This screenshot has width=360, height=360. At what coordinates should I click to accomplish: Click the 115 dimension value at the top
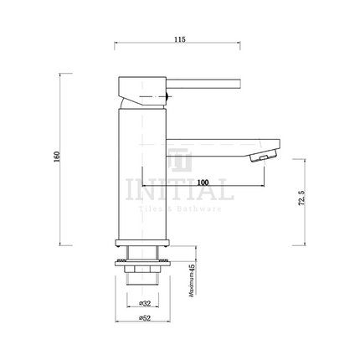click(180, 39)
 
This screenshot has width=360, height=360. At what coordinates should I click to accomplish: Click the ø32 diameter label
click(146, 302)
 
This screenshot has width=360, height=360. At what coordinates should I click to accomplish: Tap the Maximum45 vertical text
click(192, 280)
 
